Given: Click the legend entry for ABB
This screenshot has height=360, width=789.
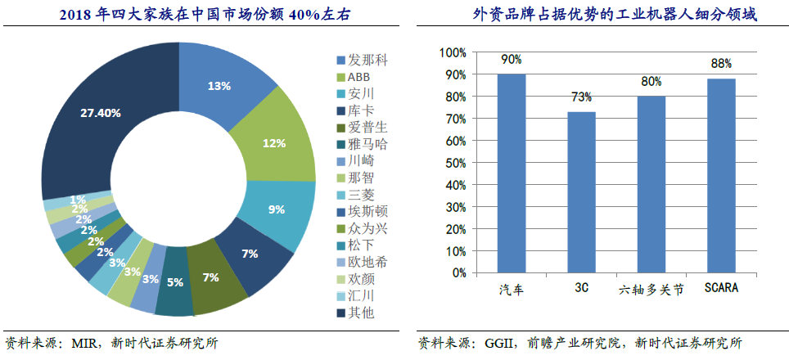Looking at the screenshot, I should point(358,77).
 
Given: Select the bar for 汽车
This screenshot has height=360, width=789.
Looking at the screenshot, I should point(512,173).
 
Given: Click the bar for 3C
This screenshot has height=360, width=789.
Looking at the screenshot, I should point(581,191).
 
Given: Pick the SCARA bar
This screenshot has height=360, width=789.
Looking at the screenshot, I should point(721,175).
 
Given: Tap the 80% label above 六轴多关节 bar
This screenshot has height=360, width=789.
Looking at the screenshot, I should point(651,83).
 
